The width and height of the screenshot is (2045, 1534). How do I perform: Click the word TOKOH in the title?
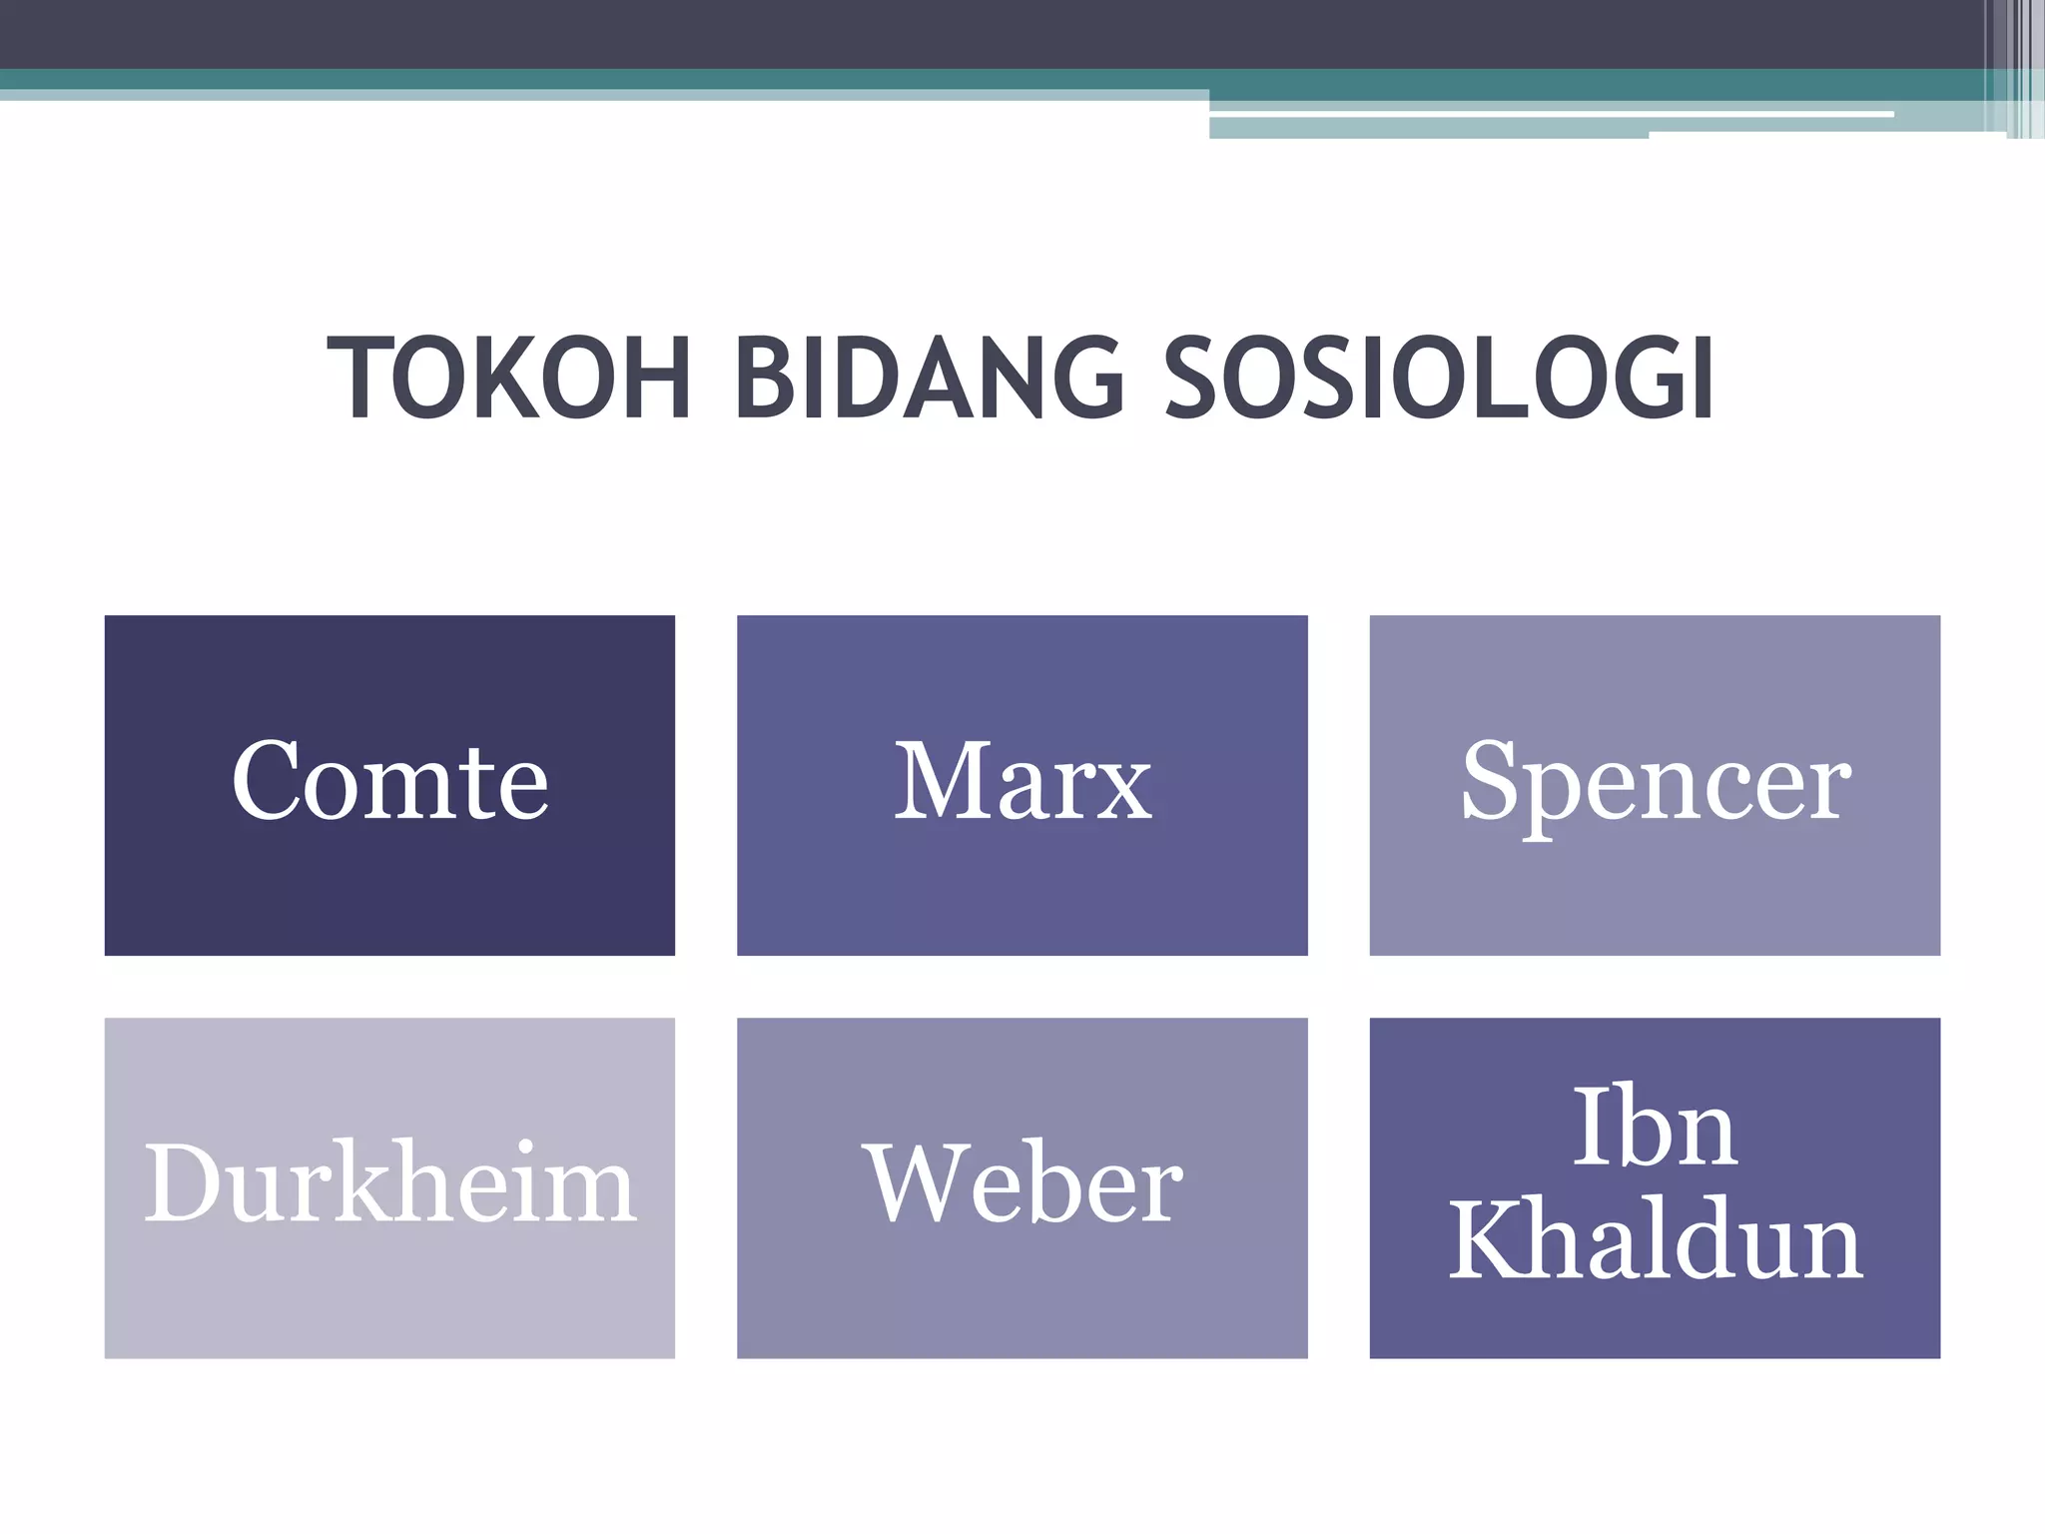[x=509, y=380]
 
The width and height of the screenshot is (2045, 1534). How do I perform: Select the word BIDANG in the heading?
[x=930, y=380]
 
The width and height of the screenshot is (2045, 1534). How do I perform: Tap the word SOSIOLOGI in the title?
[x=1439, y=380]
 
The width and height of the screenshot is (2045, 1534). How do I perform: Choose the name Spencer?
[x=1655, y=784]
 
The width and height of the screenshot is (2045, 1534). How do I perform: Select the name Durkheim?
[x=389, y=1184]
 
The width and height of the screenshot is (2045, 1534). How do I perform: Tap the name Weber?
[x=1022, y=1184]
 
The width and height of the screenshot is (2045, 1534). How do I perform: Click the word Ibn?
[x=1655, y=1129]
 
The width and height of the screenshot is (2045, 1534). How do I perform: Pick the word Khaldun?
[x=1655, y=1241]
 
